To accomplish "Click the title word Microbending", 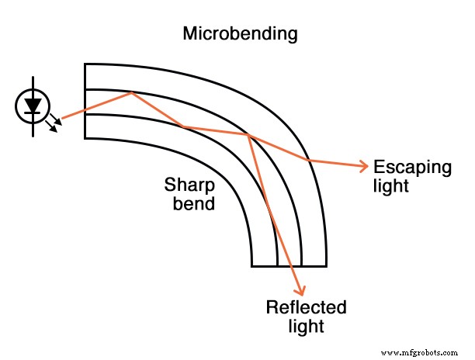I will [x=240, y=35].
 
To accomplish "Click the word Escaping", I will [x=401, y=168].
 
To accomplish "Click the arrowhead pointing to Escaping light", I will [x=362, y=165].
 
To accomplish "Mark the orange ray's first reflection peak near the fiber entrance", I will [x=133, y=94].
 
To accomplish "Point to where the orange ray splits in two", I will [x=248, y=136].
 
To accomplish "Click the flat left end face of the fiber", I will [x=85, y=102].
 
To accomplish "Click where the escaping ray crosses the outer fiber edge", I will [x=308, y=160].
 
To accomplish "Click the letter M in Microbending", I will [x=191, y=35].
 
